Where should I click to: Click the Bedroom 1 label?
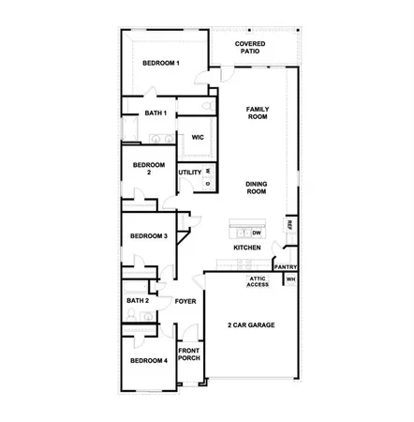pyautogui.click(x=161, y=63)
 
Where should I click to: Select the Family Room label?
pyautogui.click(x=258, y=113)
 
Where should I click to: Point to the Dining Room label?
pyautogui.click(x=257, y=188)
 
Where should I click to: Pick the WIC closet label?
pyautogui.click(x=198, y=137)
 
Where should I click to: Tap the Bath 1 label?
pyautogui.click(x=155, y=114)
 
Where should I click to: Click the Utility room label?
pyautogui.click(x=190, y=173)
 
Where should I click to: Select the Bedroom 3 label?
pyautogui.click(x=149, y=236)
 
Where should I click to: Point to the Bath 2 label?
pyautogui.click(x=138, y=301)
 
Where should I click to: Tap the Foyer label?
pyautogui.click(x=185, y=301)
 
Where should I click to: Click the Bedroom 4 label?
pyautogui.click(x=148, y=361)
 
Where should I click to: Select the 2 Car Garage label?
pyautogui.click(x=252, y=324)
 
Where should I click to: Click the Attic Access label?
pyautogui.click(x=258, y=281)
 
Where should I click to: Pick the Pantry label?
pyautogui.click(x=286, y=267)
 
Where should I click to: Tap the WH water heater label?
pyautogui.click(x=290, y=279)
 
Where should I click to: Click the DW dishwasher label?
pyautogui.click(x=256, y=232)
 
